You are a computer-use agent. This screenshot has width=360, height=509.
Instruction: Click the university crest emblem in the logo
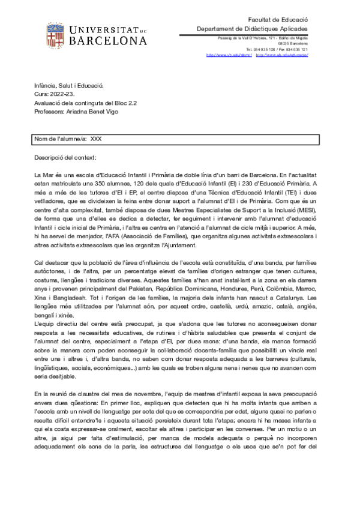(x=58, y=35)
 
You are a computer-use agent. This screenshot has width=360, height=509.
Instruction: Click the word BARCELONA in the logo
(x=109, y=41)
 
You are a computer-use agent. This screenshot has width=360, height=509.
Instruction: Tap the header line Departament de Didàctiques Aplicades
(x=253, y=29)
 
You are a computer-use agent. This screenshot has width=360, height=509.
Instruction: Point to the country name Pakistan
(x=162, y=286)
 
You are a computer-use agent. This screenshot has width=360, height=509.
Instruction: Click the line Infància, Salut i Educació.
(x=69, y=86)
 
